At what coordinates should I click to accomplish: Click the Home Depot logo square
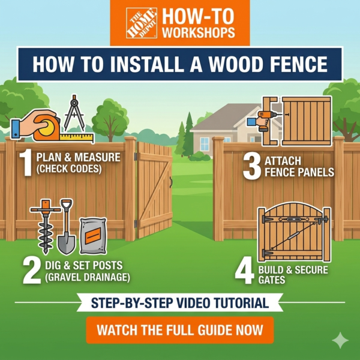point(142,23)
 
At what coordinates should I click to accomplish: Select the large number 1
point(25,164)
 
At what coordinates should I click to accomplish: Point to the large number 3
point(252,166)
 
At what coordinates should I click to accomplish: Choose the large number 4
point(245,272)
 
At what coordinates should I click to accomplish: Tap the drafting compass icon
point(74,113)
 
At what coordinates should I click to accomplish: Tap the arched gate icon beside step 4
point(293,232)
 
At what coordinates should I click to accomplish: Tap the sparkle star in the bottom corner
point(340,341)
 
